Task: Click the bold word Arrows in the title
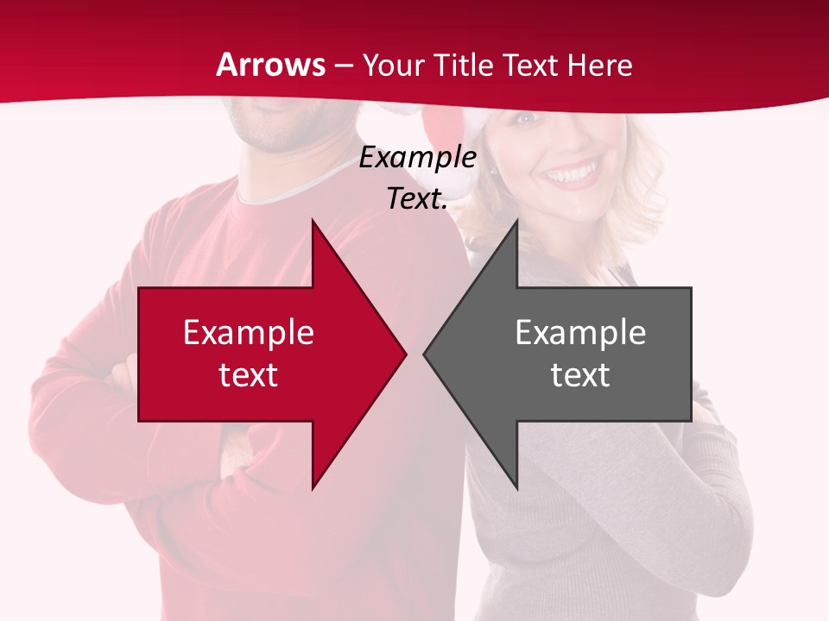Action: [271, 65]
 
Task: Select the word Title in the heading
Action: [464, 65]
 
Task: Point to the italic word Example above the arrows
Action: [417, 157]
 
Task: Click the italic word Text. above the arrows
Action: [417, 198]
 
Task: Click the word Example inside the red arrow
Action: [249, 332]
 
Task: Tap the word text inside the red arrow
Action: [249, 375]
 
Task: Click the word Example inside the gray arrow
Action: [580, 332]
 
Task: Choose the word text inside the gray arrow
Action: [580, 375]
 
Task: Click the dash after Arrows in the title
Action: [343, 66]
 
